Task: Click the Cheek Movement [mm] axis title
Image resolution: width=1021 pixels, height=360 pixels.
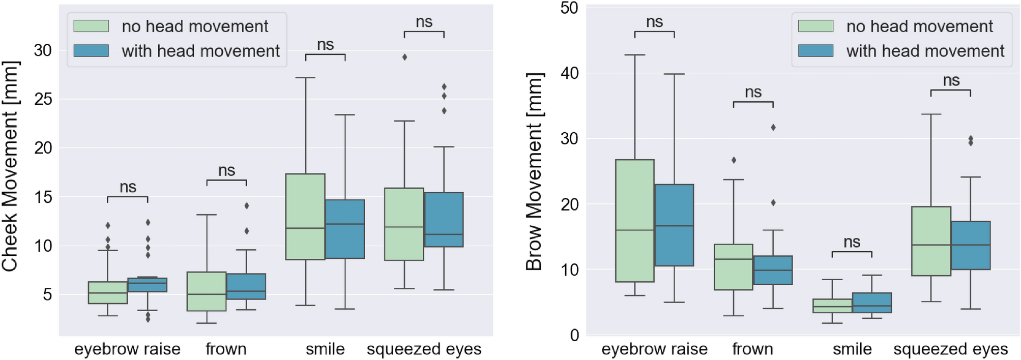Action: pyautogui.click(x=10, y=166)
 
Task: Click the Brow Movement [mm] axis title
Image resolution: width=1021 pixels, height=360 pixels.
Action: pyautogui.click(x=534, y=171)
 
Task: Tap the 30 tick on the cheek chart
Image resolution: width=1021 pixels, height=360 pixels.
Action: pyautogui.click(x=43, y=50)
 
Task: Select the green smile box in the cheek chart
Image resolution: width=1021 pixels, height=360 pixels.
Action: pyautogui.click(x=305, y=217)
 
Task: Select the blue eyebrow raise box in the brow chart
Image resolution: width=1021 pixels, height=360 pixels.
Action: pyautogui.click(x=674, y=225)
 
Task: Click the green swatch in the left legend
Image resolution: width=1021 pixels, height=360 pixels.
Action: pyautogui.click(x=91, y=26)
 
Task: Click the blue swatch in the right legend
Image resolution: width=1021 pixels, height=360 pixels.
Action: pyautogui.click(x=815, y=51)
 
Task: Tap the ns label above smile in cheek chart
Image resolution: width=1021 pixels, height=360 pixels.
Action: pyautogui.click(x=325, y=45)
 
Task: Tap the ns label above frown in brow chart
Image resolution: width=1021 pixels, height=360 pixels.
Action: pyautogui.click(x=753, y=92)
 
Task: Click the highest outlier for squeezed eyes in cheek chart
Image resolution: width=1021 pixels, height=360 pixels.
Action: pyautogui.click(x=404, y=57)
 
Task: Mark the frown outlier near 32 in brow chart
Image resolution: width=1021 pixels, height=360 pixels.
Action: pyautogui.click(x=773, y=128)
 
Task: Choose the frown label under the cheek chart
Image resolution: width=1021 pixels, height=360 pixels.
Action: pyautogui.click(x=226, y=349)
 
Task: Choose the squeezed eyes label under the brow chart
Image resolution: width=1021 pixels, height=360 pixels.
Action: pyautogui.click(x=950, y=349)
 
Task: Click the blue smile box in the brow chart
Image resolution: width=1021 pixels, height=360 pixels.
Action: pyautogui.click(x=871, y=303)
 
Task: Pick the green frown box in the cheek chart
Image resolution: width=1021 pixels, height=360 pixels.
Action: pyautogui.click(x=207, y=291)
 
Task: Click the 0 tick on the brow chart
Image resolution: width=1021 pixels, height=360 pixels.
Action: pyautogui.click(x=574, y=335)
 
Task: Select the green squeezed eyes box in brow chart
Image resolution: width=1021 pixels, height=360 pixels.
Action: pyautogui.click(x=931, y=241)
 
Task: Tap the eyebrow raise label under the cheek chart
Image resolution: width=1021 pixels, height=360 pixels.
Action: pyautogui.click(x=127, y=349)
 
